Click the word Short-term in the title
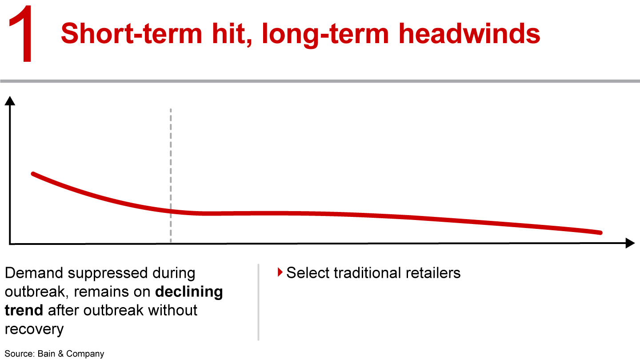click(132, 34)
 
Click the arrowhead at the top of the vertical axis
click(10, 100)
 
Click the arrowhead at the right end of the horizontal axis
click(630, 243)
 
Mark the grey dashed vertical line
click(171, 176)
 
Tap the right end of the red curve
click(600, 232)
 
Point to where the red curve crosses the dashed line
click(171, 211)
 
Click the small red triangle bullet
click(280, 272)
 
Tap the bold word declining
click(189, 292)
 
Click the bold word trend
click(24, 310)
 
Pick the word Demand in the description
click(34, 273)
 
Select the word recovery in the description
click(34, 329)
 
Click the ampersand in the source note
click(60, 354)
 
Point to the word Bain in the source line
click(46, 354)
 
